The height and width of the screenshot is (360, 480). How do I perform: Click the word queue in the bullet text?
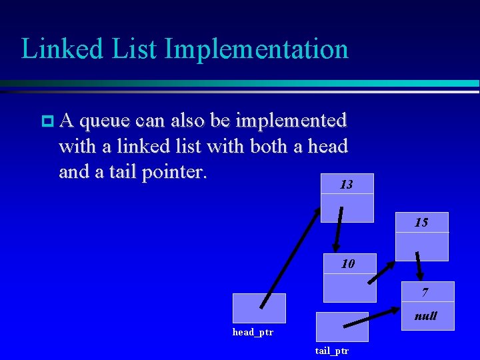105,121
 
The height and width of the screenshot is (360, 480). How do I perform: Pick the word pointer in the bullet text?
174,172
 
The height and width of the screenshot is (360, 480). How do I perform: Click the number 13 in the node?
346,185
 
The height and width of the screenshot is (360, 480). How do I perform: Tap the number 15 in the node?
421,223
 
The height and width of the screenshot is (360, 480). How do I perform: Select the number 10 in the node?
348,264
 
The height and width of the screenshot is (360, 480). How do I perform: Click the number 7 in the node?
425,293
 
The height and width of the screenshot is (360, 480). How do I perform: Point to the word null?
425,316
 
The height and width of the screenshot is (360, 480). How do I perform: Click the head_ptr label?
253,332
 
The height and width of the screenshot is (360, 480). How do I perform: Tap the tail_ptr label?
332,351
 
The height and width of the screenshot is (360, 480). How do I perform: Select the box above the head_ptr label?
259,308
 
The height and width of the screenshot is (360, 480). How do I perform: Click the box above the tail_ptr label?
341,327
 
